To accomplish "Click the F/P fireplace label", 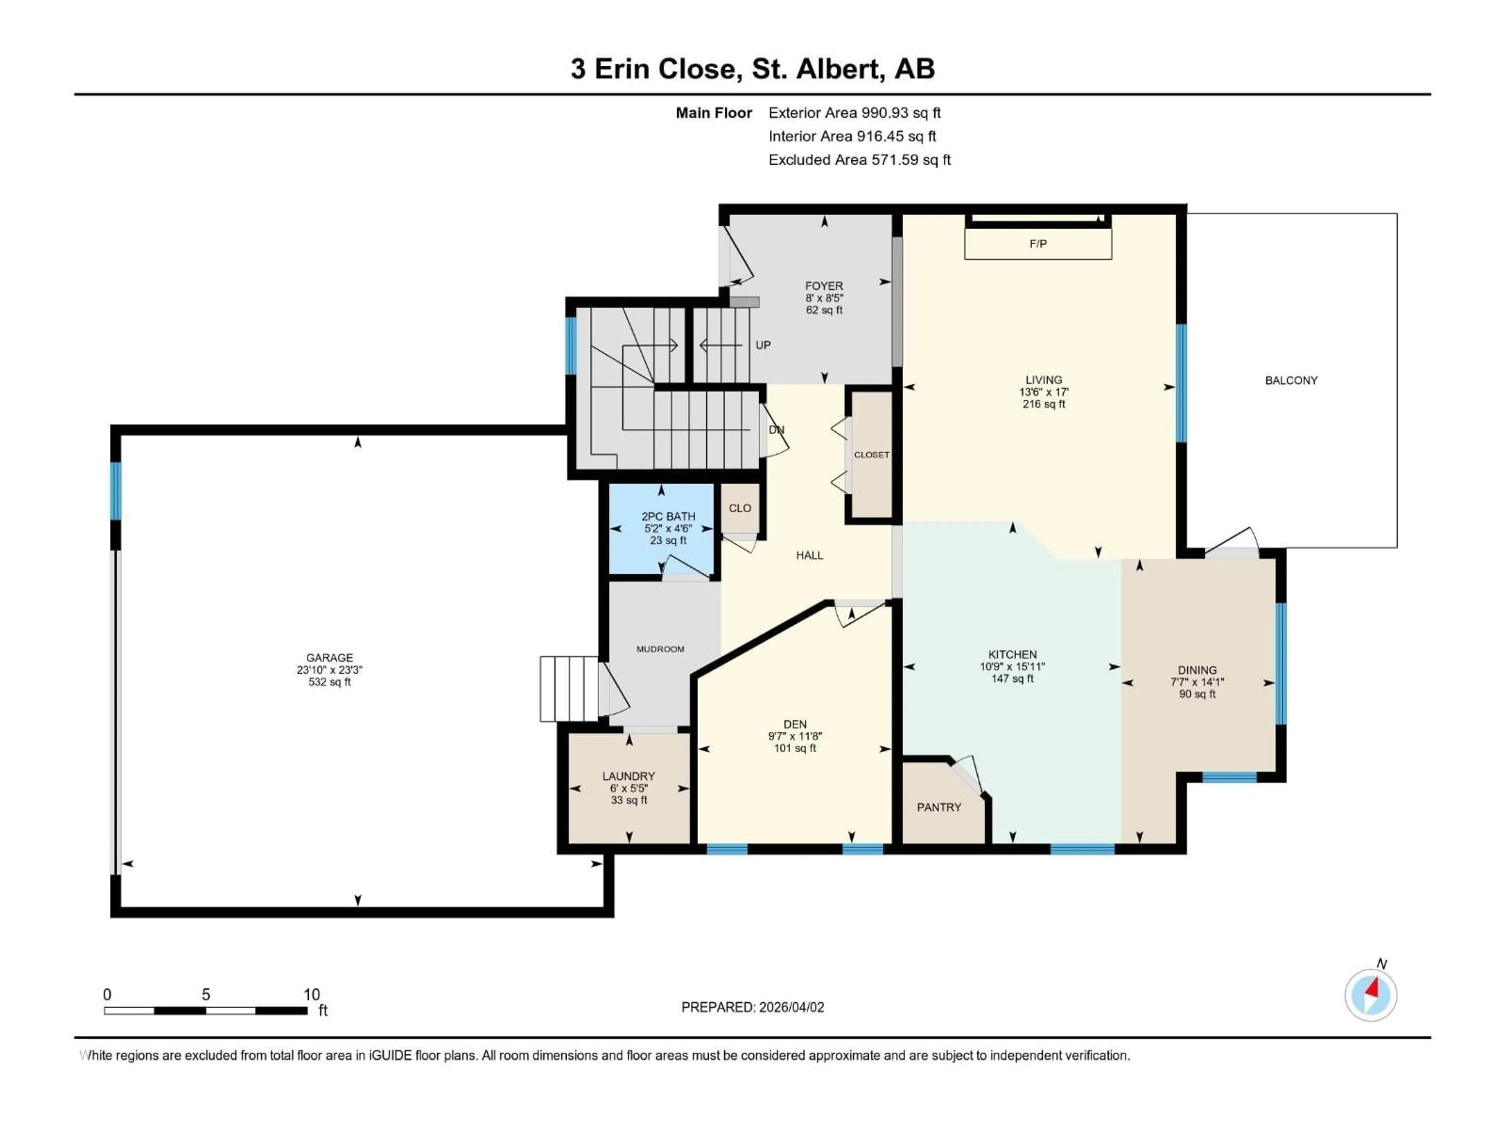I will click(x=1038, y=243).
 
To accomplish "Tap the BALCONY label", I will click(x=1291, y=380).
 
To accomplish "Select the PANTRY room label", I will click(x=939, y=807).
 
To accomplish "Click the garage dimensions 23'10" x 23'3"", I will click(x=329, y=670).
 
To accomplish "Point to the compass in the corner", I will click(x=1371, y=995).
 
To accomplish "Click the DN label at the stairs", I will click(x=776, y=430).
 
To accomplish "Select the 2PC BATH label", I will click(x=668, y=517).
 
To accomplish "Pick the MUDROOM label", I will click(x=660, y=649).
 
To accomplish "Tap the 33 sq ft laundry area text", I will click(x=628, y=800).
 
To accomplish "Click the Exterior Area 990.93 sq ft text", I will click(x=855, y=113).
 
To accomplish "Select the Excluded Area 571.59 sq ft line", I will click(x=859, y=160).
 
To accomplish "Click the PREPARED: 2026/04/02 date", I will click(x=752, y=1007).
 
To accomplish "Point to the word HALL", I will click(x=809, y=555).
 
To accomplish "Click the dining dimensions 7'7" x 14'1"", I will click(x=1197, y=682).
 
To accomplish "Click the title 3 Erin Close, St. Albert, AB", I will click(x=752, y=69).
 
